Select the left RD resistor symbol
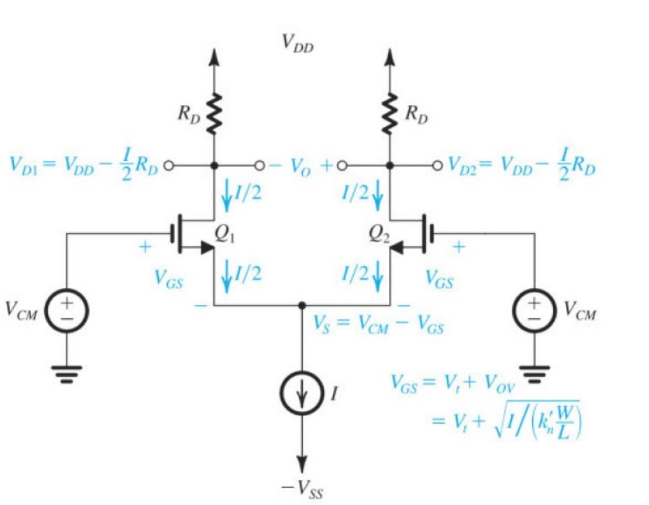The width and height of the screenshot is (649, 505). click(214, 113)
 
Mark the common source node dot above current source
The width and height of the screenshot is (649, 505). click(302, 306)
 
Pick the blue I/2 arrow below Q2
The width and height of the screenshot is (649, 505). click(378, 276)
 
